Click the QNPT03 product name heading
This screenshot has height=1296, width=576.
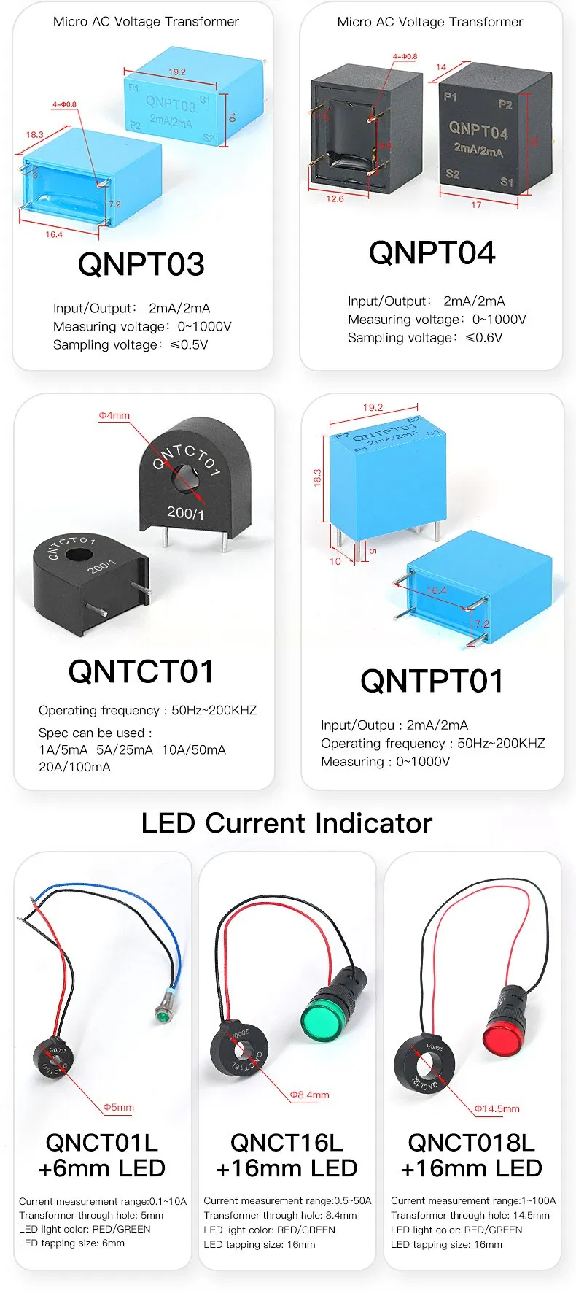coord(141,264)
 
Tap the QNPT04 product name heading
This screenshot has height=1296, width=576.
coord(432,253)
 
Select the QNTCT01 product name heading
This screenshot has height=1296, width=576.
coord(141,671)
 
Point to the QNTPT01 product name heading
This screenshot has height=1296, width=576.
coord(432,681)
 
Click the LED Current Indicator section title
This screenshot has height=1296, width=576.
coord(287,823)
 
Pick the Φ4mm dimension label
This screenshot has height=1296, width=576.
coord(114,416)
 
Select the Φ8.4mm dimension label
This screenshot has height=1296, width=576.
coord(309,1095)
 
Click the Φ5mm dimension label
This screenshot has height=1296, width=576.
coord(118,1107)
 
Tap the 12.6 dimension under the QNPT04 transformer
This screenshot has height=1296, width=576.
coord(335,198)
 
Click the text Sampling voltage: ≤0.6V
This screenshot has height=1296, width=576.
coord(425,338)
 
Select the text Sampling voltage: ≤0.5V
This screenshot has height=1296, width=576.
coord(131,345)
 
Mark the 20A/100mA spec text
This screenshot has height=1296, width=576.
coord(74,767)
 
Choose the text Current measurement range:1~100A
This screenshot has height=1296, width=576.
coord(473,1201)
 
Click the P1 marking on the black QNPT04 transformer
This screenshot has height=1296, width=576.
coord(451,96)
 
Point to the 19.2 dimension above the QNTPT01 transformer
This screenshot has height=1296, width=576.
coord(373,408)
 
